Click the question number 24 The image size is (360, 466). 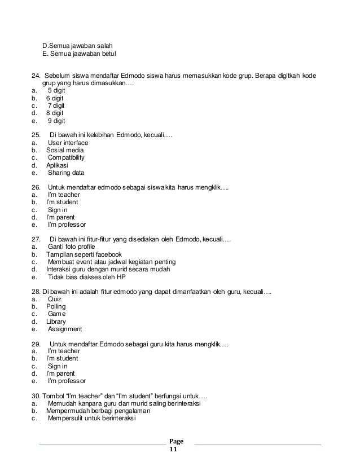tap(35, 76)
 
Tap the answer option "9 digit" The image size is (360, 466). tap(56, 120)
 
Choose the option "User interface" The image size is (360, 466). tap(68, 143)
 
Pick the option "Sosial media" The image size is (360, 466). tap(65, 151)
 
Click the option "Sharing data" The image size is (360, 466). tap(67, 173)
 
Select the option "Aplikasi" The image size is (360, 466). tap(57, 166)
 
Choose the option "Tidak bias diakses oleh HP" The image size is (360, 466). tap(87, 277)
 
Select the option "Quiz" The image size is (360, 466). tap(55, 298)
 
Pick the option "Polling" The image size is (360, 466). tap(56, 306)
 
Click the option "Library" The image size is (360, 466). tap(56, 322)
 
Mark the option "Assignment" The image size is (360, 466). tap(65, 329)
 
